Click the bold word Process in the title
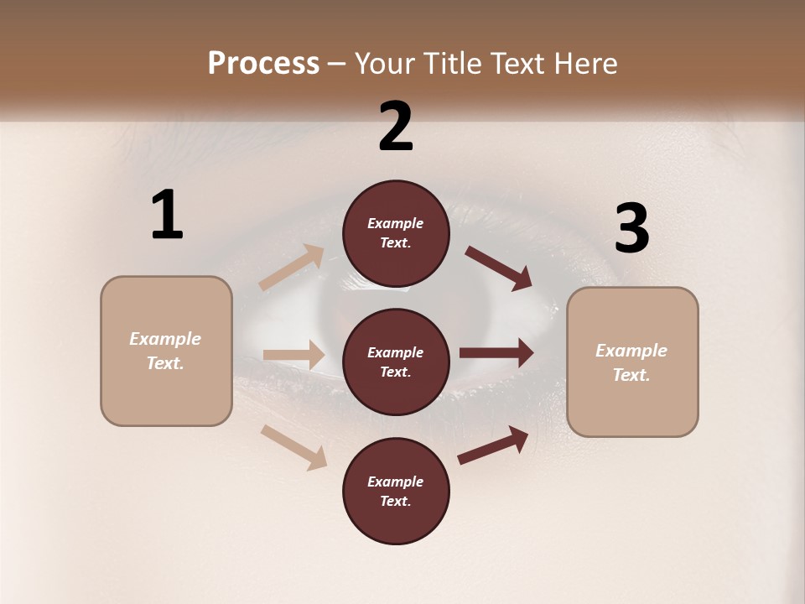pyautogui.click(x=263, y=63)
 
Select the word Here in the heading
pyautogui.click(x=585, y=63)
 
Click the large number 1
pyautogui.click(x=167, y=216)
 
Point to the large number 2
pyautogui.click(x=396, y=127)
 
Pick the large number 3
pyautogui.click(x=631, y=229)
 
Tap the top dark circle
pyautogui.click(x=396, y=233)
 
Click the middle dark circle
pyautogui.click(x=396, y=362)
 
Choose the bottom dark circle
pyautogui.click(x=396, y=491)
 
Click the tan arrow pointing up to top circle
pyautogui.click(x=292, y=268)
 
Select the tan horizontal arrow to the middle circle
pyautogui.click(x=293, y=355)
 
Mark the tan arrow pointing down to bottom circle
pyautogui.click(x=294, y=446)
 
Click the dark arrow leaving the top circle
pyautogui.click(x=499, y=268)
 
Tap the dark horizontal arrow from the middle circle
pyautogui.click(x=496, y=353)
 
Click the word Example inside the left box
pyautogui.click(x=165, y=339)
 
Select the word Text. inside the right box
pyautogui.click(x=631, y=375)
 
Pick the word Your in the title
pyautogui.click(x=382, y=63)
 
